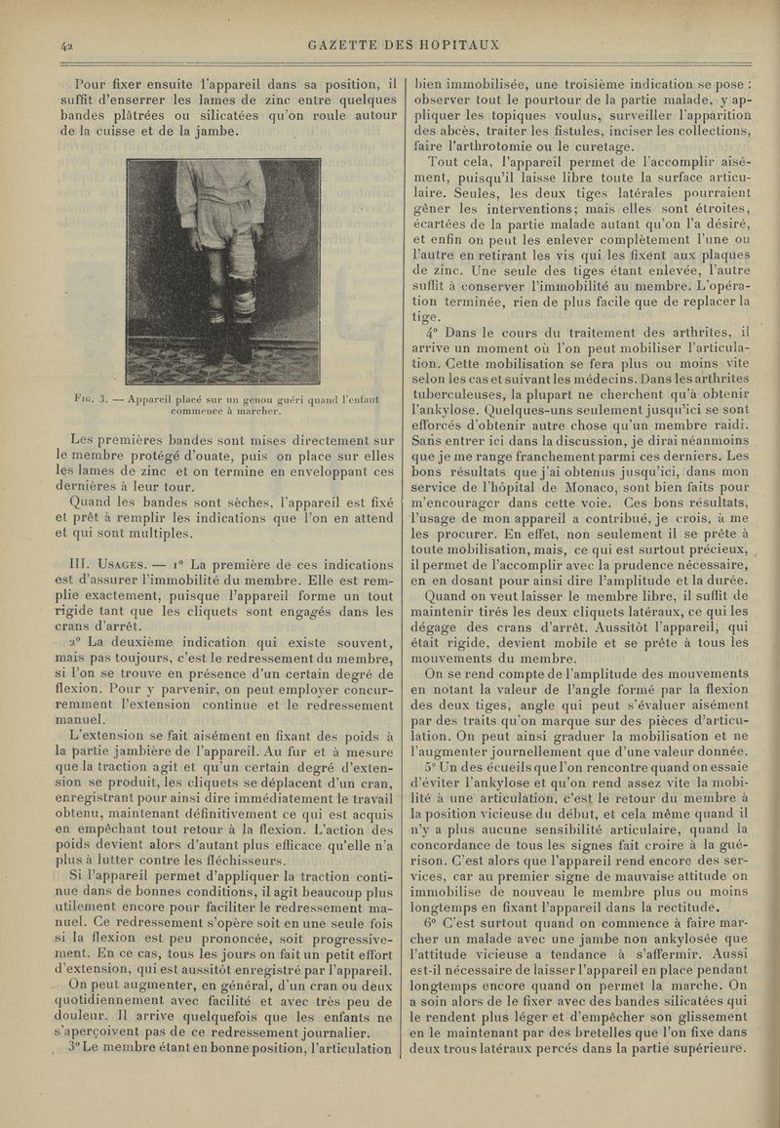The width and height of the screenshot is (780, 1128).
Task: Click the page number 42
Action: coord(67,45)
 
